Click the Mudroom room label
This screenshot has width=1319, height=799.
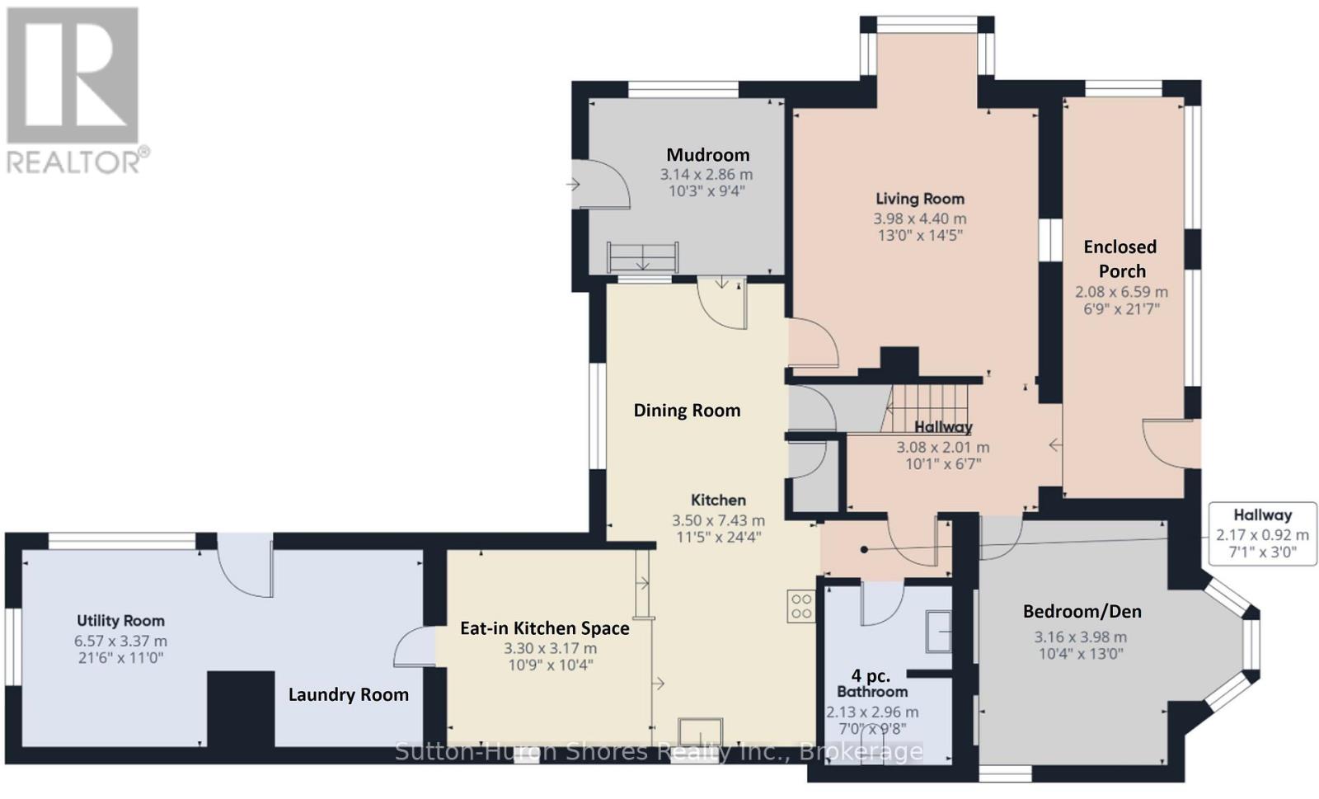708,155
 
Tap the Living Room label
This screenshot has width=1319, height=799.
920,199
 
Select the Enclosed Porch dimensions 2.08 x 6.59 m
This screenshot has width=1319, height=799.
1121,292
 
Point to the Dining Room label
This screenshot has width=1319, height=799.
687,411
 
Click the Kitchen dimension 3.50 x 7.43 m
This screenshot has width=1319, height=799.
718,520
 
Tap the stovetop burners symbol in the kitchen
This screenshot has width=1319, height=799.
801,606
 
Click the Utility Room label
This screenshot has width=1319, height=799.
120,621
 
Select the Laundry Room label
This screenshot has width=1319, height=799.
349,695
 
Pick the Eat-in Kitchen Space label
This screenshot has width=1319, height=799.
545,628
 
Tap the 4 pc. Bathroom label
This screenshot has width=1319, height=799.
871,683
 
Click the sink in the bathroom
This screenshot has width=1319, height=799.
939,631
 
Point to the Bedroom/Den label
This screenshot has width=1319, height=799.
1082,612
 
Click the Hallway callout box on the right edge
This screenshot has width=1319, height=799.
1262,534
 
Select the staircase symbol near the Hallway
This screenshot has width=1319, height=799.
925,409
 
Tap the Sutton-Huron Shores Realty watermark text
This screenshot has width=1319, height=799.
659,752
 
